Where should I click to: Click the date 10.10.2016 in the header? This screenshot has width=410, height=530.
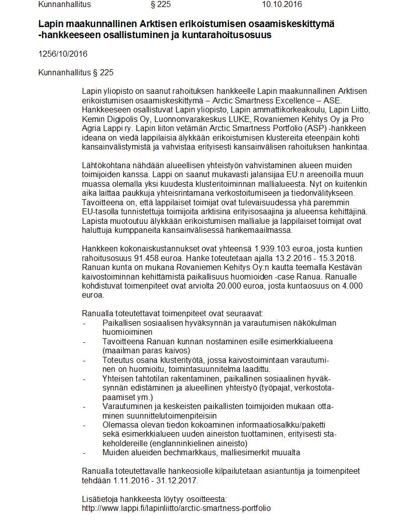coord(282,5)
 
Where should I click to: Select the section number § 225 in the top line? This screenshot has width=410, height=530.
coord(161,5)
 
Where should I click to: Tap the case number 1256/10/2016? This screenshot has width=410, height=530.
coord(63,54)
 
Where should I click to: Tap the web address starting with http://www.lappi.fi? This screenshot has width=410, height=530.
coord(176,508)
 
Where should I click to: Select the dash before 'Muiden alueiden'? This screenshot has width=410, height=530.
coord(85,452)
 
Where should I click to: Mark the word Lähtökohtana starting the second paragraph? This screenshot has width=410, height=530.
coord(106,166)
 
